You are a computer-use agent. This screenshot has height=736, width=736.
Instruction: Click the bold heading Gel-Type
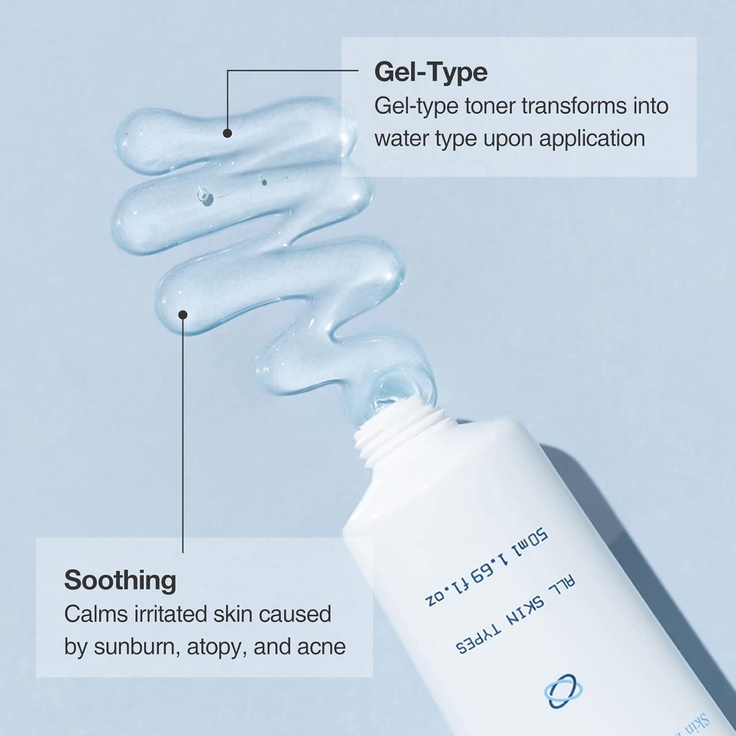[x=431, y=72]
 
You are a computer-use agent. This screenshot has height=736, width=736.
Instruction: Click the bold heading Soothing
[x=120, y=580]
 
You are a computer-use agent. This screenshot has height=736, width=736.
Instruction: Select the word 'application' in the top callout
[x=592, y=139]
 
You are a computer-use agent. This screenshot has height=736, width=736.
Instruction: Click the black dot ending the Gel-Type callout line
[x=227, y=133]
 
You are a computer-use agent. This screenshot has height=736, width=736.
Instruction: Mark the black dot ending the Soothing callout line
[x=183, y=315]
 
